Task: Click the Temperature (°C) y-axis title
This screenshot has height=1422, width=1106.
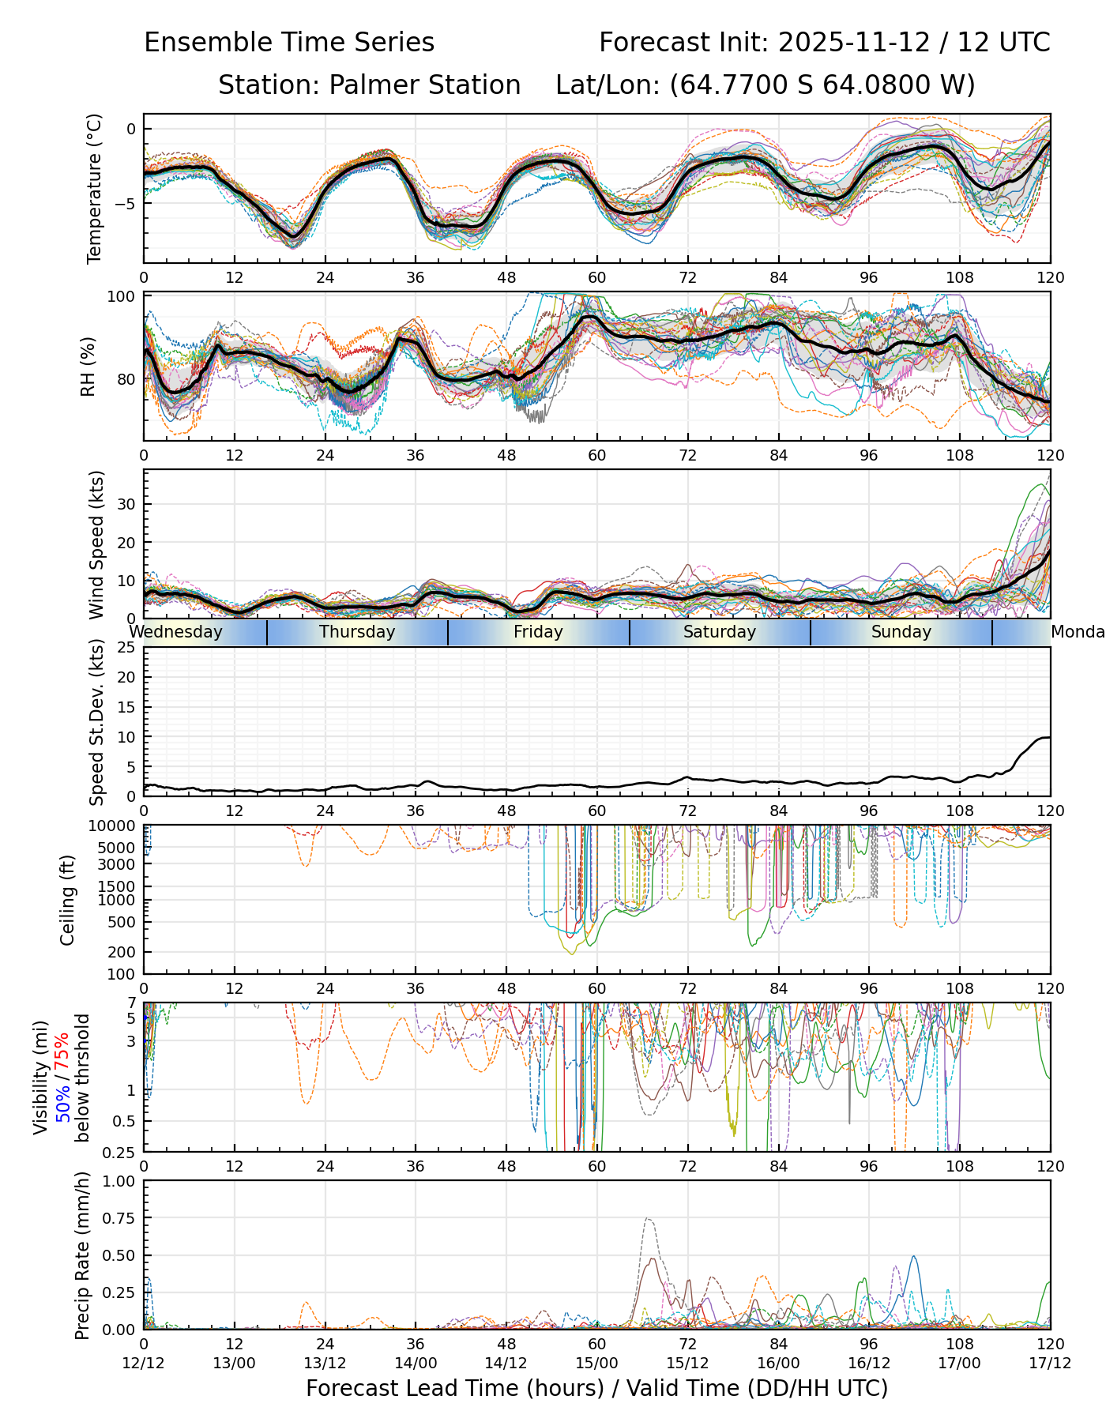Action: click(95, 188)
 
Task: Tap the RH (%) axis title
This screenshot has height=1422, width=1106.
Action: click(88, 367)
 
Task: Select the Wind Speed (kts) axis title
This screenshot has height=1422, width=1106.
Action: click(96, 544)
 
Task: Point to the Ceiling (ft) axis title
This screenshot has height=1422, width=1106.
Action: click(68, 900)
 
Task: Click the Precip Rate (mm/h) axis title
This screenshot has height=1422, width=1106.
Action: click(82, 1255)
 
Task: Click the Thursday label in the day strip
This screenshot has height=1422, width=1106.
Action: click(357, 632)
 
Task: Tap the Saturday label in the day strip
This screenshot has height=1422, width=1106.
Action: click(720, 632)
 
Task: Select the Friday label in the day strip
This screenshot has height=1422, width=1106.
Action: click(538, 632)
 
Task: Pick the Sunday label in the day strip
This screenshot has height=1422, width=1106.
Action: click(901, 632)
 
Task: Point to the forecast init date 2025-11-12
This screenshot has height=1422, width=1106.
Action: click(854, 42)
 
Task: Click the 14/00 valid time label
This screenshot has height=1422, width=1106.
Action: click(416, 1363)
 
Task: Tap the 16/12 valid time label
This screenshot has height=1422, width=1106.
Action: click(869, 1363)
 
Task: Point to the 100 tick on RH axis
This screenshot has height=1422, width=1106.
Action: click(122, 297)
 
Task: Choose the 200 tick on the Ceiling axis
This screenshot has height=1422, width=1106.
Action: click(122, 952)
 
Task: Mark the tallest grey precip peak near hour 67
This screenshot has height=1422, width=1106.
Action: click(647, 1219)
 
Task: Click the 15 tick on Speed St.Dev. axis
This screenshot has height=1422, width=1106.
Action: click(126, 707)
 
